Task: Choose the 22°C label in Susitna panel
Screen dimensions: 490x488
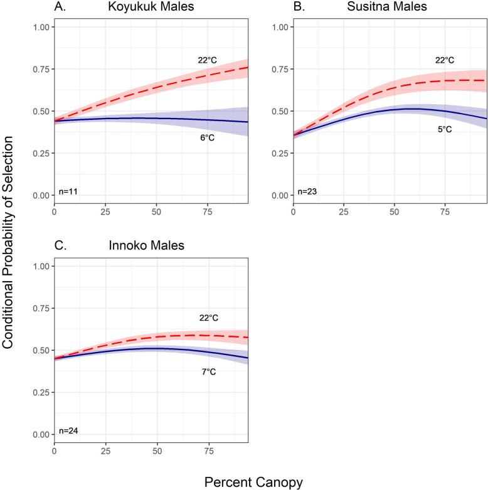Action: [x=445, y=60]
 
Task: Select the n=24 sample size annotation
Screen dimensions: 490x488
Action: [x=68, y=430]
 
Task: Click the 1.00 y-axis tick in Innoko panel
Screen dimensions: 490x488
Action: [x=41, y=266]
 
